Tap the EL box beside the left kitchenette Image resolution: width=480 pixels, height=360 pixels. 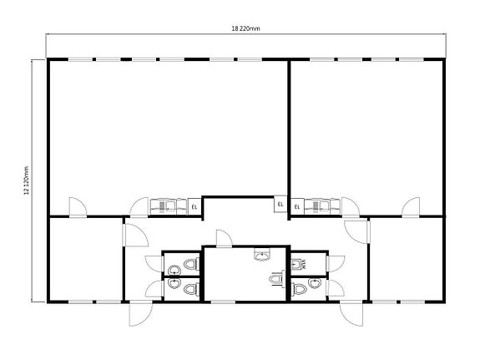click(x=194, y=205)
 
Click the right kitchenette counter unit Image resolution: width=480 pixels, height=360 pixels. click(x=321, y=205)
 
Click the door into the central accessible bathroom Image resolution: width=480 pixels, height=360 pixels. click(x=223, y=240)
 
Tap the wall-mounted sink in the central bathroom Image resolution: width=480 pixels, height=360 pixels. click(x=264, y=255)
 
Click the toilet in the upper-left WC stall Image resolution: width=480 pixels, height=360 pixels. click(x=191, y=266)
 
